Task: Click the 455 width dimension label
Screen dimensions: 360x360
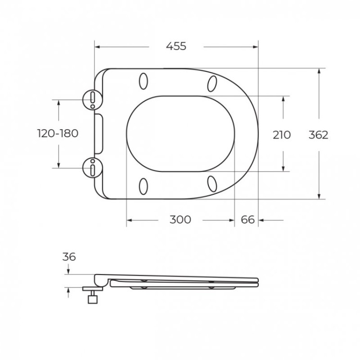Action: (176, 47)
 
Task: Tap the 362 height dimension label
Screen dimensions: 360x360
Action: (318, 135)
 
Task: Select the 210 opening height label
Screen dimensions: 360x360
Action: (282, 135)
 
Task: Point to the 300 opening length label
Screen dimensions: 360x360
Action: (180, 220)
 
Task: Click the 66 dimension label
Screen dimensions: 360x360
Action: (248, 220)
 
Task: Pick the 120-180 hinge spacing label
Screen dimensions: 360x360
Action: (58, 133)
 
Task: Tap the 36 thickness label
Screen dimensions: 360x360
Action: (69, 257)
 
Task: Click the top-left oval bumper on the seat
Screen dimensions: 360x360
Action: (144, 81)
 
